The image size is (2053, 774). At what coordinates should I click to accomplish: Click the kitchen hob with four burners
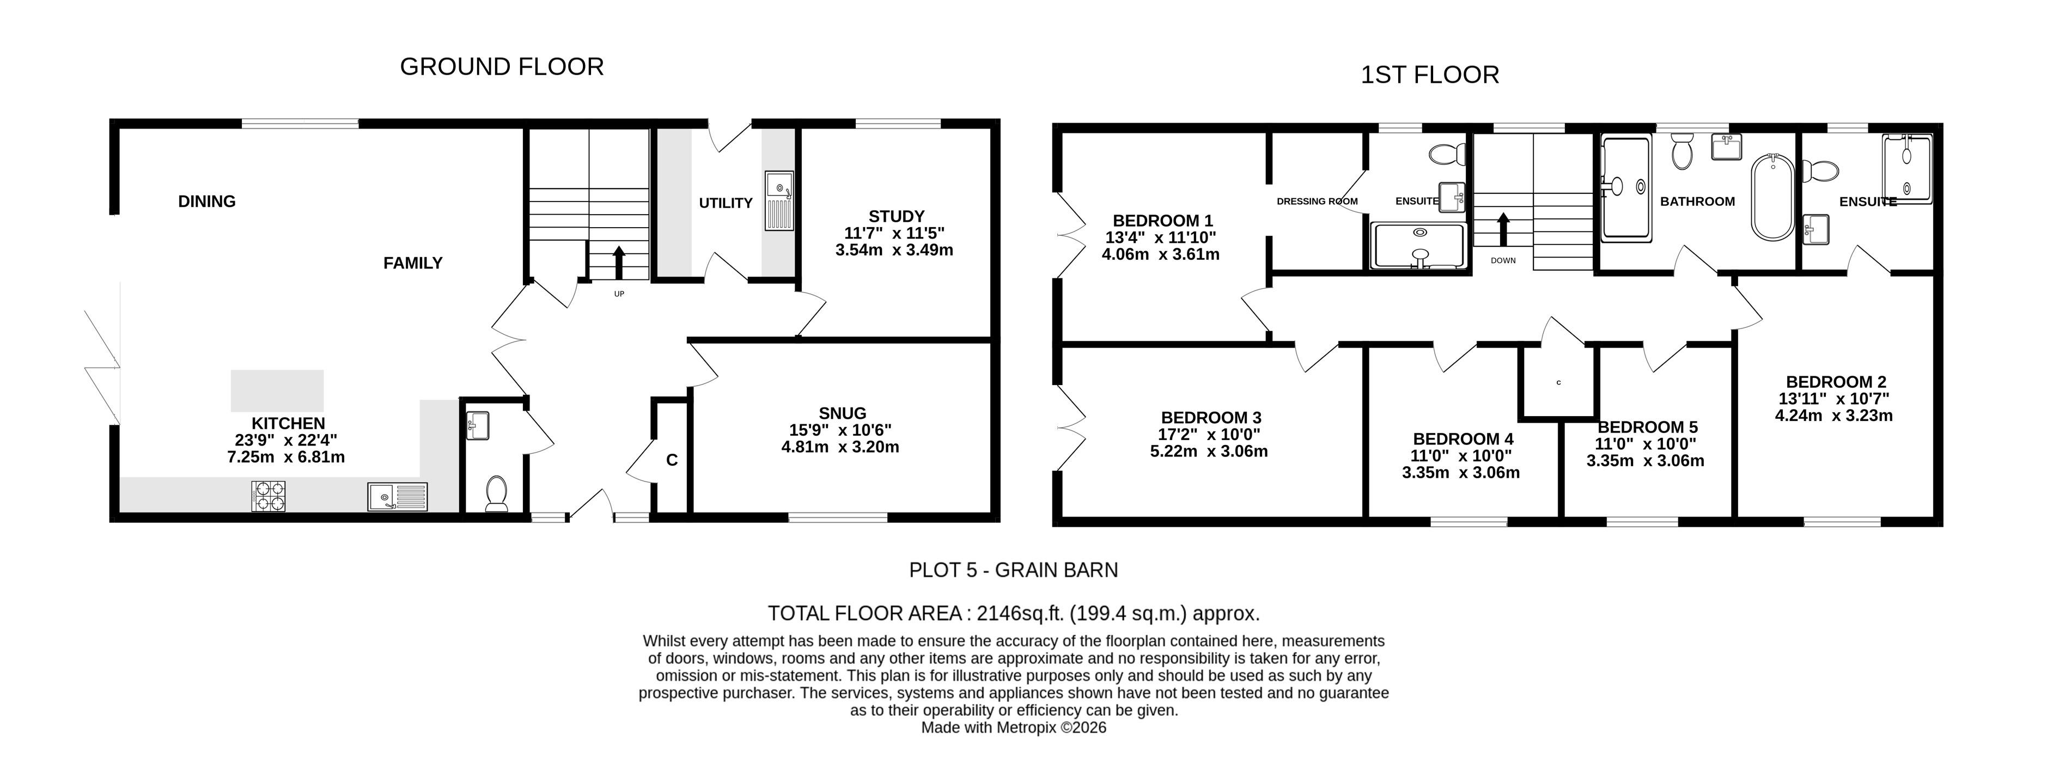point(269,496)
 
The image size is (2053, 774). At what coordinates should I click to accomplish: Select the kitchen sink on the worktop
point(398,497)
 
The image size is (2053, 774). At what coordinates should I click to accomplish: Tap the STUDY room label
point(897,217)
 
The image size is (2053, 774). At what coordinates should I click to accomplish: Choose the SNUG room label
point(843,413)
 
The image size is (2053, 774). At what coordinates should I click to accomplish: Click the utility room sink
point(778,201)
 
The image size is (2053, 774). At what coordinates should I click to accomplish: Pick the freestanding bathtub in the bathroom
point(1772,197)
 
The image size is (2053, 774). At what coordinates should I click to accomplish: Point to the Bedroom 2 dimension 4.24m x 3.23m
point(1833,415)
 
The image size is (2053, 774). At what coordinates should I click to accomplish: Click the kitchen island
point(277,391)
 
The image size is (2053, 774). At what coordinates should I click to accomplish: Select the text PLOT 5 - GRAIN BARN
point(1013,570)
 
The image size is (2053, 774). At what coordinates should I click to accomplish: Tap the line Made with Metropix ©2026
point(1014,728)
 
